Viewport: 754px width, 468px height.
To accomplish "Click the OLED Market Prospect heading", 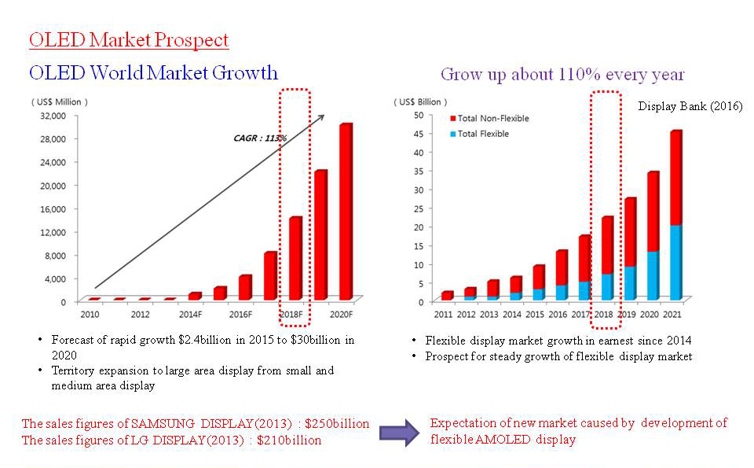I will (129, 40).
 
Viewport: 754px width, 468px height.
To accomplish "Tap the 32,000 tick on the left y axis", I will (52, 116).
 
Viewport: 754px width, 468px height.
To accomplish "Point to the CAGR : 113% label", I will (260, 138).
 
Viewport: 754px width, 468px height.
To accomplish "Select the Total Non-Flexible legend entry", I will (493, 118).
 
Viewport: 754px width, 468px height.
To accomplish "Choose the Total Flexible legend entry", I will (483, 134).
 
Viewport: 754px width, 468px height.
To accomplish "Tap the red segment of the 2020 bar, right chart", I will (653, 212).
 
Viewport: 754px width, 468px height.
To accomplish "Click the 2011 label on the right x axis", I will (445, 315).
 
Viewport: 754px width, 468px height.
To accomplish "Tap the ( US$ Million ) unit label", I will (60, 101).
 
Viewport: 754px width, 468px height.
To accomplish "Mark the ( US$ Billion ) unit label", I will (422, 101).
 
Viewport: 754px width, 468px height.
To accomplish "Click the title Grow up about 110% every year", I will (562, 75).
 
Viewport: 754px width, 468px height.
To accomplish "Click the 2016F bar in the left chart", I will (245, 287).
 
